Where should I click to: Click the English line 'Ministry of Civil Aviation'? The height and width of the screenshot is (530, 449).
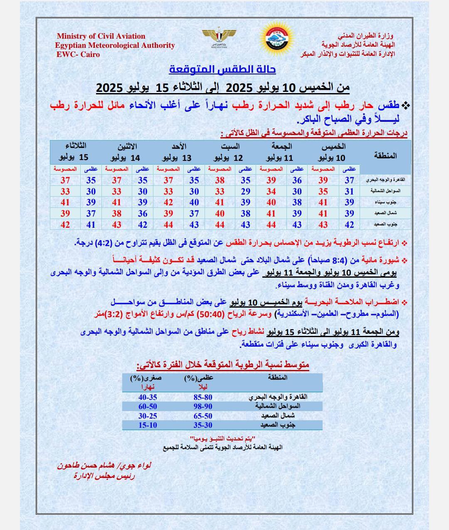(101, 36)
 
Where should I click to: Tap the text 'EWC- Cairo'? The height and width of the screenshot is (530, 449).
(78, 54)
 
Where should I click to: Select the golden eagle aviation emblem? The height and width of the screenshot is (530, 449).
(219, 37)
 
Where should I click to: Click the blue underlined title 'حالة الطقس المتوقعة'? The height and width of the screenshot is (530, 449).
(222, 69)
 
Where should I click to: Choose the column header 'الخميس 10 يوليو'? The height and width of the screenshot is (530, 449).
(333, 152)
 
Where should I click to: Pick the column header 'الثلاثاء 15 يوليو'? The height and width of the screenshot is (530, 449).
(75, 152)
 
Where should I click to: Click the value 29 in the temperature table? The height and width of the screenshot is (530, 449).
(246, 191)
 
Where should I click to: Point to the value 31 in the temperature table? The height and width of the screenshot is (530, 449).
(349, 191)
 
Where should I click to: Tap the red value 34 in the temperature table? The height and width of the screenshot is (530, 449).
(271, 191)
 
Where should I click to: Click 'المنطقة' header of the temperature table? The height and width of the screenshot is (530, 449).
(385, 155)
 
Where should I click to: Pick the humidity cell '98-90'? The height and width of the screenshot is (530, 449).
(203, 406)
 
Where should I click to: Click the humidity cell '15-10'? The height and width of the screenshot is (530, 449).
(148, 425)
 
